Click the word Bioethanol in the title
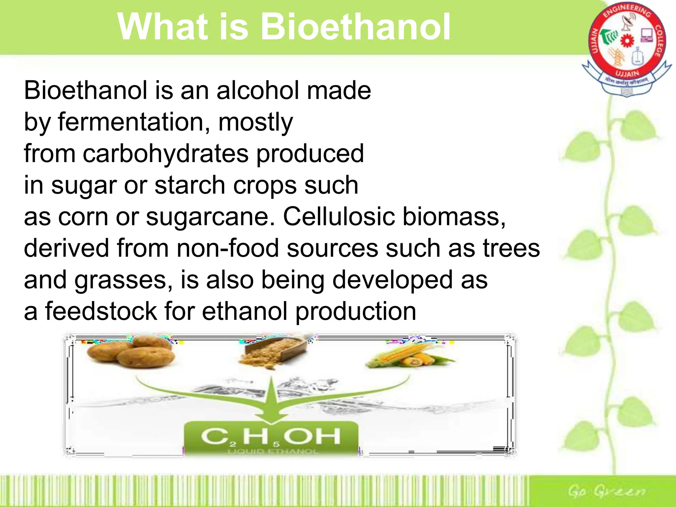(356, 27)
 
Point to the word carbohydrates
(165, 154)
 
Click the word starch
(190, 185)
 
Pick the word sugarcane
(211, 217)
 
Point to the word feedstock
(101, 311)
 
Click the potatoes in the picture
(132, 352)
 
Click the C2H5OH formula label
(271, 437)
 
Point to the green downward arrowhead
(271, 414)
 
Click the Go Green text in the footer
(607, 491)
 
